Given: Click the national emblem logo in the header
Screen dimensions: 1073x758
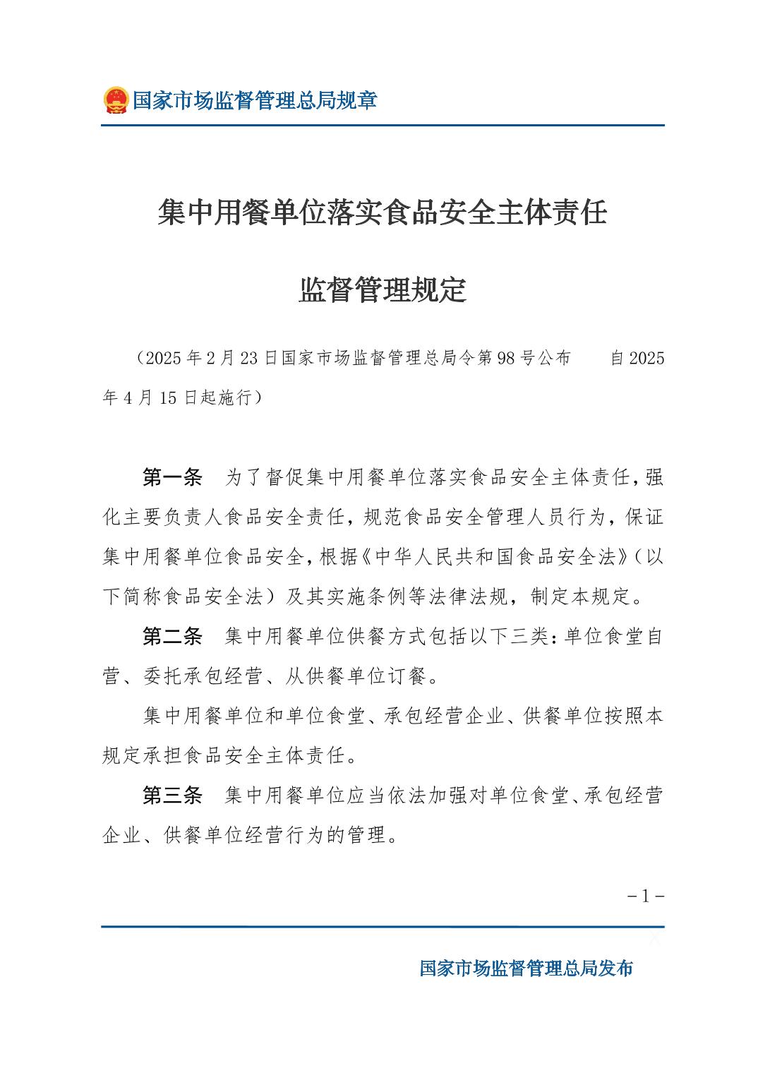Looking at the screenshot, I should [x=115, y=100].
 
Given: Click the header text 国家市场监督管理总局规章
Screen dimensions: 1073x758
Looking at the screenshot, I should [x=255, y=100].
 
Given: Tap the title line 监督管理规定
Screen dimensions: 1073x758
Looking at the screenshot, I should [x=383, y=290].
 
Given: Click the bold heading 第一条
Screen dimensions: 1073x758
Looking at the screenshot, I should [x=172, y=478].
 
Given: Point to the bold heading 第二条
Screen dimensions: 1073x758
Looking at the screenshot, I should [x=172, y=637].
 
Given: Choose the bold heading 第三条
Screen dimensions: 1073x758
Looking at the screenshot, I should [x=172, y=796].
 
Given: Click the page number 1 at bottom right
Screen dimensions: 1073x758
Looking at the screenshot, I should [x=645, y=897].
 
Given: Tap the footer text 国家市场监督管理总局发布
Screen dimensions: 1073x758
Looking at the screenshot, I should [x=526, y=968].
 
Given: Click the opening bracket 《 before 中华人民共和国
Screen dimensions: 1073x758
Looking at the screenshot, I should [x=365, y=558].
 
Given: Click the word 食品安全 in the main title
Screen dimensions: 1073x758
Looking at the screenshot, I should [x=439, y=212].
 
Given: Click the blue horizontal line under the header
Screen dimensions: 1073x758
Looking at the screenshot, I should [x=383, y=126].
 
